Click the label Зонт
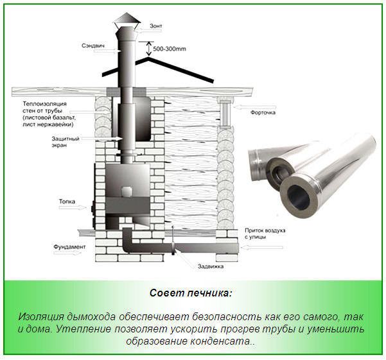coord(156,26)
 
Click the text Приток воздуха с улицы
coord(264,233)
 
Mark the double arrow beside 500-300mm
coord(148,47)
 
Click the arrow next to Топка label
coord(80,207)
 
